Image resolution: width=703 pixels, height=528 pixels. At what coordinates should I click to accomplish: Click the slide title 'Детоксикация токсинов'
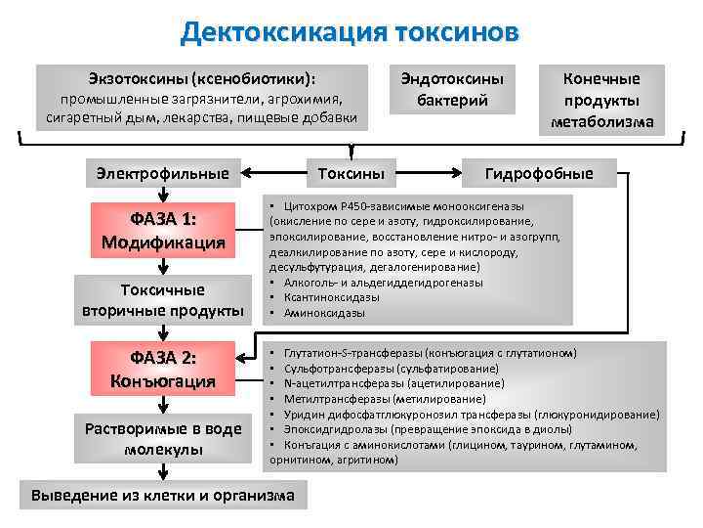coord(351,33)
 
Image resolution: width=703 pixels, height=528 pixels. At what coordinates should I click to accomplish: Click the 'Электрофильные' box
coord(163,174)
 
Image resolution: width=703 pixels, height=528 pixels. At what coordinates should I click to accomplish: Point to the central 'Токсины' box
coord(351,174)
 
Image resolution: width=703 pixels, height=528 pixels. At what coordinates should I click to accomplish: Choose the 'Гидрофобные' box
coord(539,174)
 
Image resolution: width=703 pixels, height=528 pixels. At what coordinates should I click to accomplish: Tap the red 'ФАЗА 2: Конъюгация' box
coord(163,369)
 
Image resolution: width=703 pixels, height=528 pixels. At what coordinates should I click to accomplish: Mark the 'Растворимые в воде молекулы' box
coord(163,439)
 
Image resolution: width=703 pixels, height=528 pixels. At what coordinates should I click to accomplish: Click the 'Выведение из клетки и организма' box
coord(163,496)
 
